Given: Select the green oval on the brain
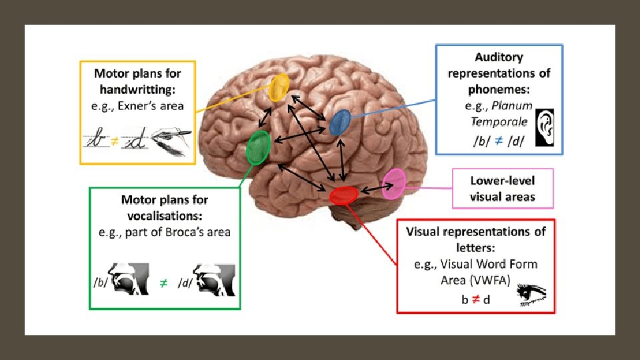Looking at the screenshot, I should click(x=258, y=147).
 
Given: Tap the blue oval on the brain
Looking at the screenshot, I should click(x=340, y=122).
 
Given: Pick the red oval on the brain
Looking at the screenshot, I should click(x=344, y=195).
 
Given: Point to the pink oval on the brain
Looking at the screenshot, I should click(x=394, y=183).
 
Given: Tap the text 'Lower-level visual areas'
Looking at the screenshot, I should click(x=502, y=188).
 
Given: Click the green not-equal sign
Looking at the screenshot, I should click(x=163, y=283).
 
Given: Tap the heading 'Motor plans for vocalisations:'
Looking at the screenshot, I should click(x=164, y=207).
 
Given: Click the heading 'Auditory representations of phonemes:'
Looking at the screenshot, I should click(x=499, y=73).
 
